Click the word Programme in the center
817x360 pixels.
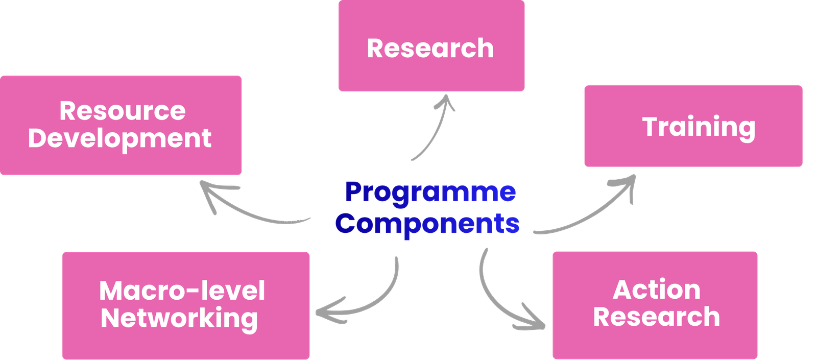pos(430,193)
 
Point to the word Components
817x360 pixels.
pos(427,224)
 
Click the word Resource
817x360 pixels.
pos(123,111)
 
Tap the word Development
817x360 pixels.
pos(120,138)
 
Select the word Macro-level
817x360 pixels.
pos(182,291)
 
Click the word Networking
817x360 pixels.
pos(179,318)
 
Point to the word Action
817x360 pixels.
pos(657,290)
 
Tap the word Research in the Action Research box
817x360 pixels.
pos(657,317)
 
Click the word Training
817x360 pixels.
pos(699,127)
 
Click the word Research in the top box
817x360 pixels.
pos(430,49)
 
